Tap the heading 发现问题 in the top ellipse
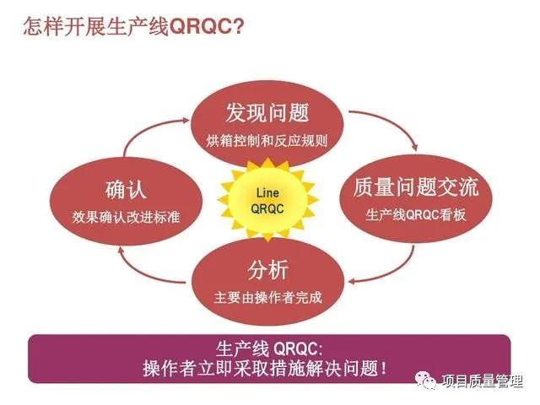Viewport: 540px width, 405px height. [267, 112]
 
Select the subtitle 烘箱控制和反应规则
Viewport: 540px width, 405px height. [267, 140]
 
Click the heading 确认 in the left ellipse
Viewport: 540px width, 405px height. [126, 188]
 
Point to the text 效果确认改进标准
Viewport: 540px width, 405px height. [126, 216]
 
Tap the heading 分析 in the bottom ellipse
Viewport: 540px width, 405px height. [268, 270]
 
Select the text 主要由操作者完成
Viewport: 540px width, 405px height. [268, 298]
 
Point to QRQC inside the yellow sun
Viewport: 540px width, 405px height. [267, 208]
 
